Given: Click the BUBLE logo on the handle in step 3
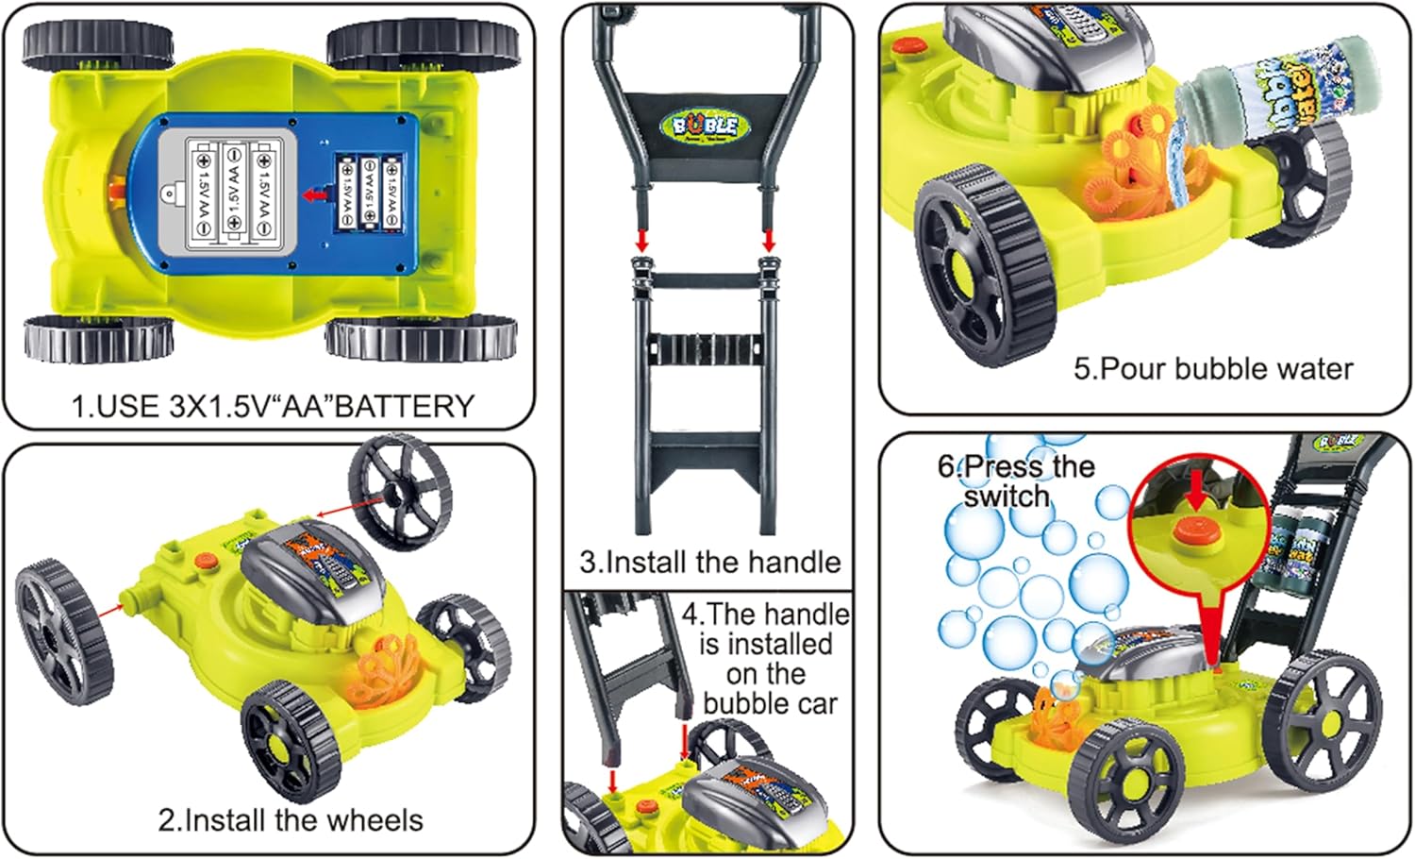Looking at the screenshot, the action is pyautogui.click(x=706, y=125).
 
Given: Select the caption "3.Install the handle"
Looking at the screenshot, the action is pyautogui.click(x=709, y=563).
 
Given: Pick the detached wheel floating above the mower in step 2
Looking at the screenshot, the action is pyautogui.click(x=400, y=491).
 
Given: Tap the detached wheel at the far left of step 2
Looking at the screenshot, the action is pyautogui.click(x=62, y=632).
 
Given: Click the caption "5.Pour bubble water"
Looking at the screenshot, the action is pyautogui.click(x=1213, y=368).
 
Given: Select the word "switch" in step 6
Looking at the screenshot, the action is pyautogui.click(x=1006, y=497).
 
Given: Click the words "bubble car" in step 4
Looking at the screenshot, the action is pyautogui.click(x=770, y=704).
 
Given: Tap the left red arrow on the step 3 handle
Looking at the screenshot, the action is pyautogui.click(x=642, y=240).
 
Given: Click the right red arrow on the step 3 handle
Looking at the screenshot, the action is pyautogui.click(x=769, y=240).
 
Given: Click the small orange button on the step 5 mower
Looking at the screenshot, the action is pyautogui.click(x=908, y=43).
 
